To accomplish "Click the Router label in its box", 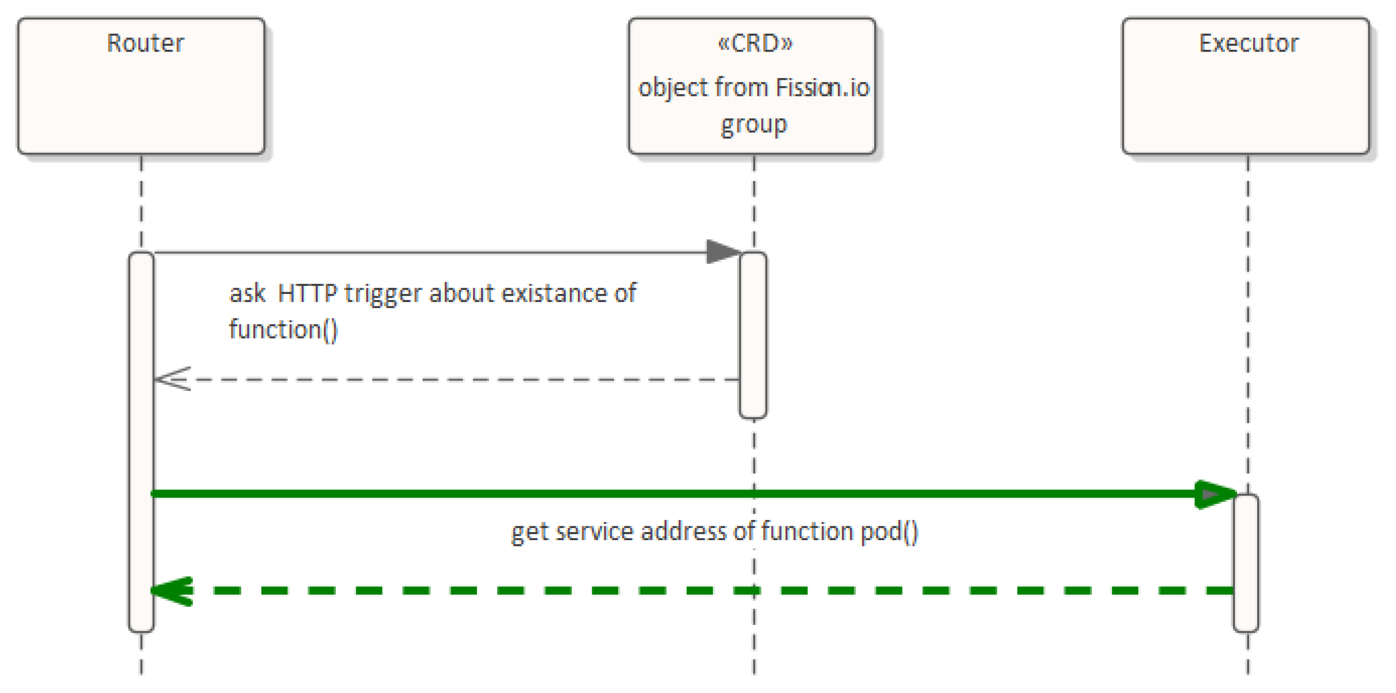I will (x=145, y=43).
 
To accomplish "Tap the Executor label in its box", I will (x=1249, y=43).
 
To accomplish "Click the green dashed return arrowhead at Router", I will (x=172, y=590).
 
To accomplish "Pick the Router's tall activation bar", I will (x=142, y=442).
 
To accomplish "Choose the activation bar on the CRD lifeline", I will (x=753, y=335).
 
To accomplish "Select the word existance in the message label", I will (x=554, y=293).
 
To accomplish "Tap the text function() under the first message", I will (x=283, y=329).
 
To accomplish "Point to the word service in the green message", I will (x=594, y=532).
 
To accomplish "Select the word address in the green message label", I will (x=684, y=532).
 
